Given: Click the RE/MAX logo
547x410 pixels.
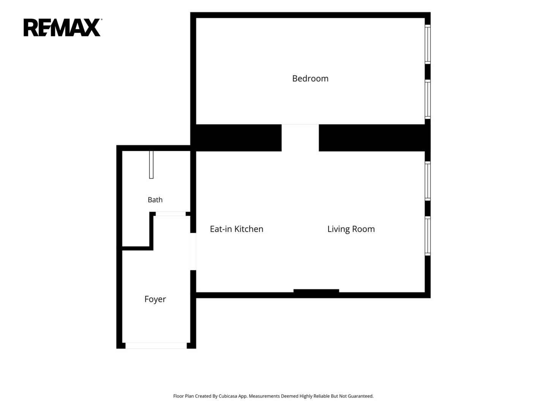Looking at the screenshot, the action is click(62, 27).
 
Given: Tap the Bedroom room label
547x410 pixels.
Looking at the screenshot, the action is click(310, 79).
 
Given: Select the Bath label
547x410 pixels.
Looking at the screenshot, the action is click(155, 200).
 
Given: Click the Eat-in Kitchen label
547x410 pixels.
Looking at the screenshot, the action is click(237, 229).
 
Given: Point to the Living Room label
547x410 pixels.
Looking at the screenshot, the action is click(351, 229).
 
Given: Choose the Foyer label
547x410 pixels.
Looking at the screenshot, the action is click(155, 299).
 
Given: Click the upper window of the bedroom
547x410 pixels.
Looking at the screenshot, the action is click(427, 44).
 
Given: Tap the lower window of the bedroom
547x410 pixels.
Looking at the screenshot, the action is click(427, 99).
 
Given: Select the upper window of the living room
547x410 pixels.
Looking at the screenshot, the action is click(427, 181).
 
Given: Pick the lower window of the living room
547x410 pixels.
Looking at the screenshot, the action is click(427, 236).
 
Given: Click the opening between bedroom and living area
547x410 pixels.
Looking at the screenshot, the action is click(300, 138).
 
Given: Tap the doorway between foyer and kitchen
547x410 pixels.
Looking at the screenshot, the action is click(193, 251).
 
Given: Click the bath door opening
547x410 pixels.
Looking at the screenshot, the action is click(171, 214).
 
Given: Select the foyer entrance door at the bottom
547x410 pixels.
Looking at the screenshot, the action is click(156, 345).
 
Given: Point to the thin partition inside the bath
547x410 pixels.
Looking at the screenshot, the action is click(151, 164).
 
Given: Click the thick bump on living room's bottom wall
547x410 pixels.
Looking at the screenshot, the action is click(316, 291).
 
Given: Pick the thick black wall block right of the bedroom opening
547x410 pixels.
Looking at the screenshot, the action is click(372, 138).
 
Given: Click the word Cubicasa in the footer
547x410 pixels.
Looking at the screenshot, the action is click(228, 396).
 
